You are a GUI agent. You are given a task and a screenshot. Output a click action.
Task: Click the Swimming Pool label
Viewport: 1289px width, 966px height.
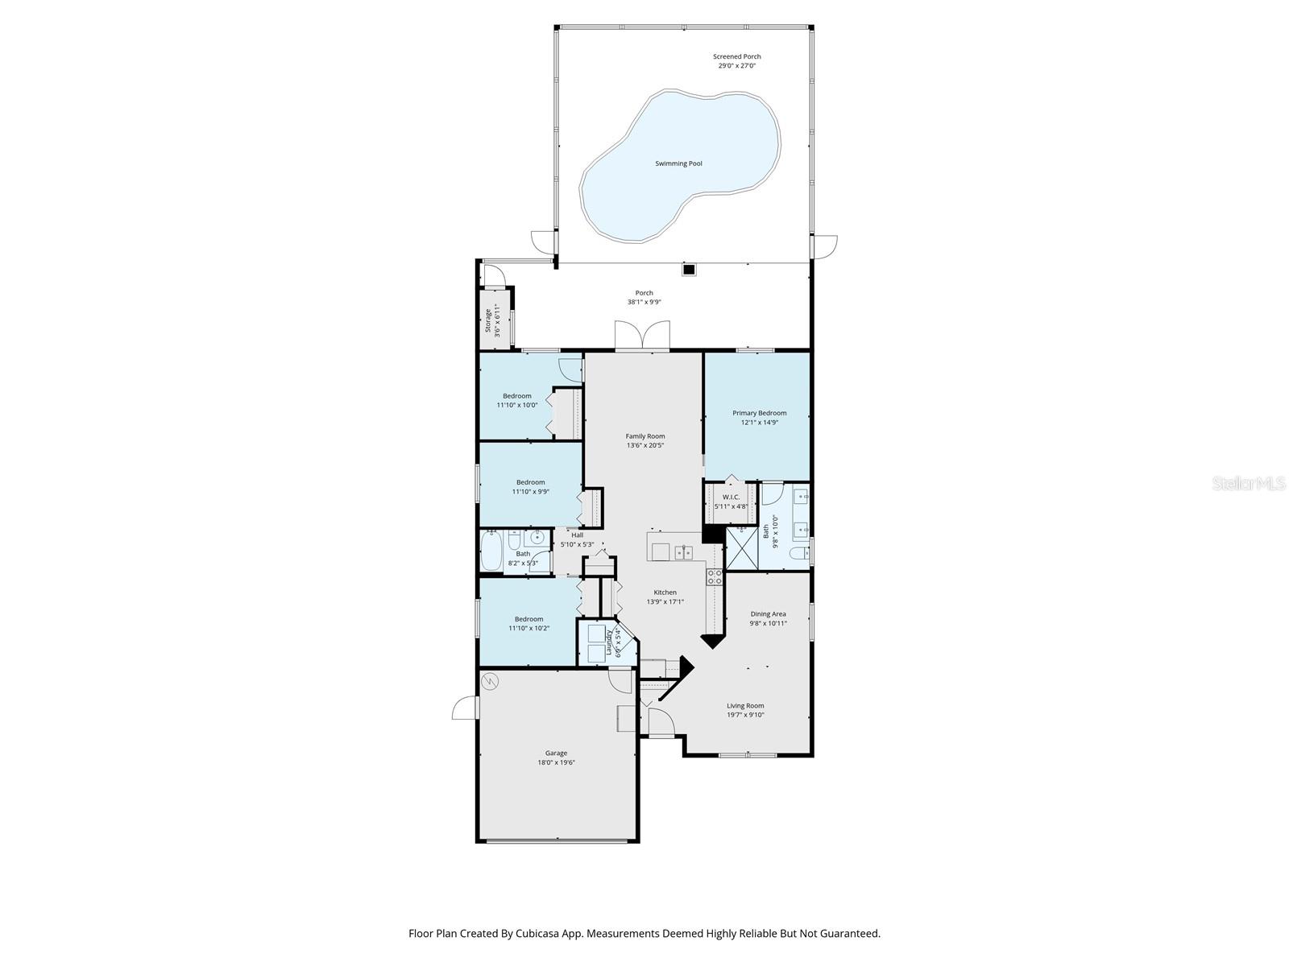click(x=678, y=163)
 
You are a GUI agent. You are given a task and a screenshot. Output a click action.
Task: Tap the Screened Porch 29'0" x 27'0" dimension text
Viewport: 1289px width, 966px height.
click(x=736, y=66)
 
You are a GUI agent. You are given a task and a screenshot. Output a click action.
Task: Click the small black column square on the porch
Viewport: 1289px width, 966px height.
click(x=689, y=270)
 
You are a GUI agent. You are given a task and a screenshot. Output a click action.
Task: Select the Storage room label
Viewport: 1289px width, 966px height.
click(x=488, y=320)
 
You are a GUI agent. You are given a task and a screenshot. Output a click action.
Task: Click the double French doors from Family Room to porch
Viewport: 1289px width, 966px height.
click(x=642, y=336)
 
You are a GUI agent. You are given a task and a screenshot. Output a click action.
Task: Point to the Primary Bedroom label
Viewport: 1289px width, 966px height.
click(x=759, y=413)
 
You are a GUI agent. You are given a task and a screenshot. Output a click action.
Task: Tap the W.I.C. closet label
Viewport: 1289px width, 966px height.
click(x=731, y=497)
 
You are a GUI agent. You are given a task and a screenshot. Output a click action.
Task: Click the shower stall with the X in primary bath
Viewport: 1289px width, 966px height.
click(x=741, y=548)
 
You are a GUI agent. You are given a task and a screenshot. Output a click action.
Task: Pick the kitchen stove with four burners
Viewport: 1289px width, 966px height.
click(x=715, y=576)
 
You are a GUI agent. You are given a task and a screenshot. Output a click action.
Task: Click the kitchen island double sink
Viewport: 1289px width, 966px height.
click(x=684, y=552)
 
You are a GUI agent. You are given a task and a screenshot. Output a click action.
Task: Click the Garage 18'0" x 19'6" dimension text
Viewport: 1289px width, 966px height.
click(x=556, y=762)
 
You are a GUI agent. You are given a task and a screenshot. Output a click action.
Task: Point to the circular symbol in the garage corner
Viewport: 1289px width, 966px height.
click(x=490, y=682)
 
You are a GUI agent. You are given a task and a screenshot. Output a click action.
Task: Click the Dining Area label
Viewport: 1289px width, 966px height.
click(x=768, y=613)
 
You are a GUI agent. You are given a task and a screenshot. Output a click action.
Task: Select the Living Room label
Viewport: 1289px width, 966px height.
click(x=744, y=705)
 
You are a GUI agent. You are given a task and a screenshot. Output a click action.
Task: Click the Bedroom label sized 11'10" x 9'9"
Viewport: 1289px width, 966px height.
click(x=530, y=482)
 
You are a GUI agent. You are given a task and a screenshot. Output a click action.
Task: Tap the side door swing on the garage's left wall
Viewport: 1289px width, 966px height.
click(x=465, y=708)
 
